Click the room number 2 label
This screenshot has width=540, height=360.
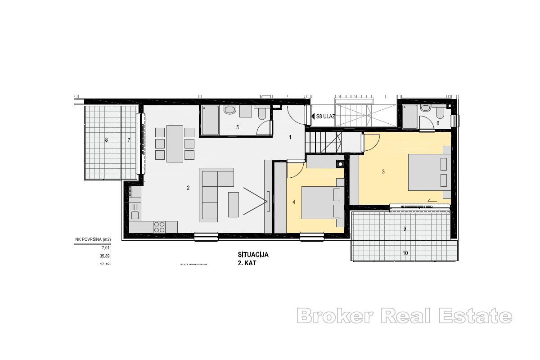[x=188, y=188]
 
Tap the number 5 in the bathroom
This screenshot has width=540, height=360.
[x=238, y=127]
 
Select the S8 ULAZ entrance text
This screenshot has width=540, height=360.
[x=326, y=116]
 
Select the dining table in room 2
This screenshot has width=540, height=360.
[x=175, y=144]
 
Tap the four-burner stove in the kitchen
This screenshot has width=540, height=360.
[x=159, y=226]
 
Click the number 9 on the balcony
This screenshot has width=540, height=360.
[x=405, y=229]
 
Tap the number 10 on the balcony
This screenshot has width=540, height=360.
[x=405, y=253]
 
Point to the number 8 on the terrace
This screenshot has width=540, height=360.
[x=106, y=140]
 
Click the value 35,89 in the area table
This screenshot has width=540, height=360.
[x=104, y=256]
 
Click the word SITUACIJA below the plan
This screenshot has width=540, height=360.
[x=253, y=255]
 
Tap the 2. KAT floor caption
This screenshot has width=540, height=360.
[x=247, y=263]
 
